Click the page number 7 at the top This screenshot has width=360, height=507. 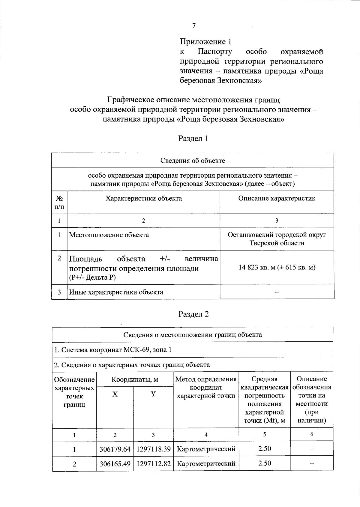[x=194, y=26]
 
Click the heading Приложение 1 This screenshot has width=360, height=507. [x=206, y=42]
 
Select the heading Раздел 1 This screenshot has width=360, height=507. [x=193, y=139]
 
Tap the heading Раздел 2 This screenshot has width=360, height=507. [x=193, y=314]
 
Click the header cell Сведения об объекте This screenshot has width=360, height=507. [x=193, y=160]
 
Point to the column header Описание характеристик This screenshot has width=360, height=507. [x=277, y=198]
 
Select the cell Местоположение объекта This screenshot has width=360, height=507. [x=109, y=235]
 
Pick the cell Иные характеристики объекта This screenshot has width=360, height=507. [x=116, y=292]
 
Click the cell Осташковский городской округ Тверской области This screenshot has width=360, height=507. [x=277, y=239]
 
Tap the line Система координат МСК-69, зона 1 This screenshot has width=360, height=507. [x=113, y=350]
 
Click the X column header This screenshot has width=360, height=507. [x=115, y=394]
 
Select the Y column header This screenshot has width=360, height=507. [x=153, y=394]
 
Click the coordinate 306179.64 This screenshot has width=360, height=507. [x=115, y=449]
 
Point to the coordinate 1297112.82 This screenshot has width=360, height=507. [x=153, y=464]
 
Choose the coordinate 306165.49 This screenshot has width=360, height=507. [x=115, y=464]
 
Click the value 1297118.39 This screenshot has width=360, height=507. [x=153, y=449]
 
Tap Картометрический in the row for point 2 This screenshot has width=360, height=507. [x=206, y=464]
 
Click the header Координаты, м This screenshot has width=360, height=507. [x=135, y=379]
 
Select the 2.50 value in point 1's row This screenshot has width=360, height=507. [x=265, y=449]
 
